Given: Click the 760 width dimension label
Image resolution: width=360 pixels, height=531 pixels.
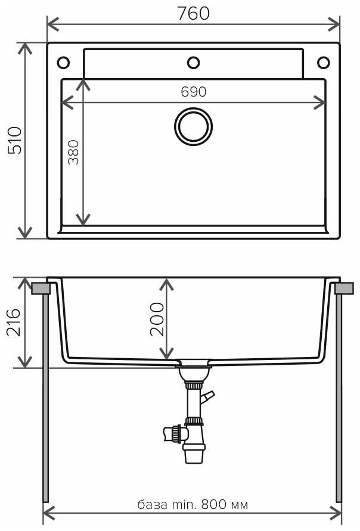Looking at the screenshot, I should tap(193, 13).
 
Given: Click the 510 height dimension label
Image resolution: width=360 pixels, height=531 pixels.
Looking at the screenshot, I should tap(14, 141).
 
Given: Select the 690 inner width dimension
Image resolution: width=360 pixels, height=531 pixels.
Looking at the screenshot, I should tap(193, 92).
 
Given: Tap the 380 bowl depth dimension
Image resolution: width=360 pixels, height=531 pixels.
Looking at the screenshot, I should tap(73, 153).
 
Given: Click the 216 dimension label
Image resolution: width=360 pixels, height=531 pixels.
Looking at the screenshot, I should tap(14, 322).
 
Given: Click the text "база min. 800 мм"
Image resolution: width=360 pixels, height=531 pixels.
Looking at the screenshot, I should tap(193, 505).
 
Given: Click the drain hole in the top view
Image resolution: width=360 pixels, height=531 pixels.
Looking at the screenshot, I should tap(193, 126).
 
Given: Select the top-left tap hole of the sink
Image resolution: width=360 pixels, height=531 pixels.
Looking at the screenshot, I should tap(63, 62).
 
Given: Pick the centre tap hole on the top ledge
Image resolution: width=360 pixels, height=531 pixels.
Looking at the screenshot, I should tap(193, 62).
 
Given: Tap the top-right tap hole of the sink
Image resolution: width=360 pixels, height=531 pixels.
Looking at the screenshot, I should tap(324, 62).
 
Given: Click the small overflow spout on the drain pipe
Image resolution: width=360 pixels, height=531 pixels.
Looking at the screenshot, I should tap(207, 396).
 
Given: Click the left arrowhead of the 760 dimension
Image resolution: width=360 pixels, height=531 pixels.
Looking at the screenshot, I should tap(50, 24).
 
